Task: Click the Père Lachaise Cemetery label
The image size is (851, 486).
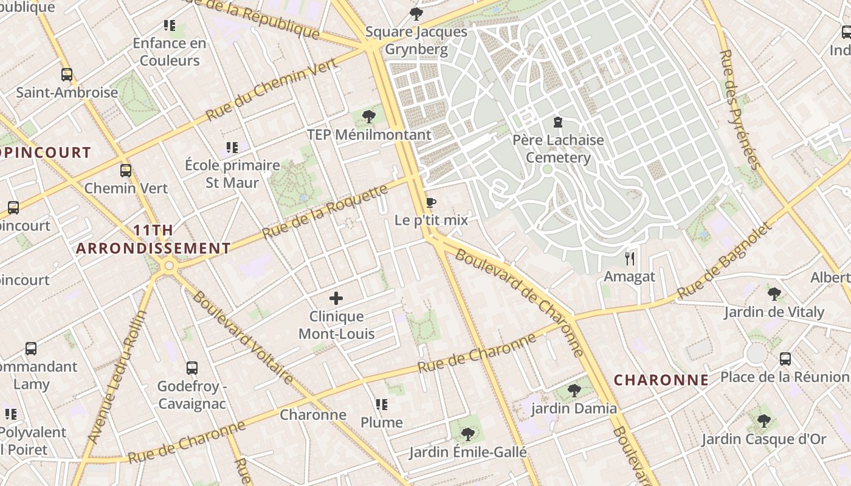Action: [x=558, y=149]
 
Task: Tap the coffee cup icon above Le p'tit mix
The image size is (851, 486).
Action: [x=431, y=202]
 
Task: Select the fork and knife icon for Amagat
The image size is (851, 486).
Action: [x=630, y=259]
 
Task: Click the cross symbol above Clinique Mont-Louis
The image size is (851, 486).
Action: [x=336, y=298]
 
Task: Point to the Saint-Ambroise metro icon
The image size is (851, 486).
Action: [x=67, y=75]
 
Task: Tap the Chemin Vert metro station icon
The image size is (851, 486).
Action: [x=126, y=171]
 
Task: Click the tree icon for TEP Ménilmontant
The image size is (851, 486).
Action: [x=368, y=117]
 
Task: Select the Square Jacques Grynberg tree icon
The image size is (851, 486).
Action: [x=416, y=14]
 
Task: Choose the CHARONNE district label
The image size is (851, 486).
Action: [x=661, y=380]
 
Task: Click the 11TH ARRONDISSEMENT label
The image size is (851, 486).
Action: [x=153, y=239]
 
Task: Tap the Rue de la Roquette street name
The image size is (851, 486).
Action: [x=325, y=213]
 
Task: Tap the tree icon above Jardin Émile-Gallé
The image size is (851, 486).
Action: [x=467, y=434]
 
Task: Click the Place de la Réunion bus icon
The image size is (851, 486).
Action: [x=785, y=358]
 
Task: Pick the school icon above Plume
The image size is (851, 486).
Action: [x=382, y=405]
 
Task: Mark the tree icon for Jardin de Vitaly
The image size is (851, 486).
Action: [x=774, y=295]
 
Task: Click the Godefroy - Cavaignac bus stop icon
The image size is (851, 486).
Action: [x=192, y=368]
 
